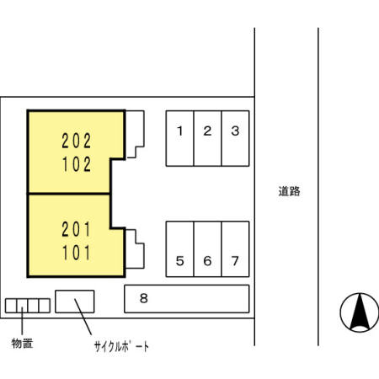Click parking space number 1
tap(179, 139)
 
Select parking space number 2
tap(207, 139)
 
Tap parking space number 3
tap(236, 139)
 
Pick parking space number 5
tap(179, 249)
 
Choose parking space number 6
tap(207, 249)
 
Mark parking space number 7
tap(236, 249)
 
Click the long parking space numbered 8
tap(187, 298)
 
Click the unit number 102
tap(76, 165)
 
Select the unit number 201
tap(76, 227)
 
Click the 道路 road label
tap(289, 191)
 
